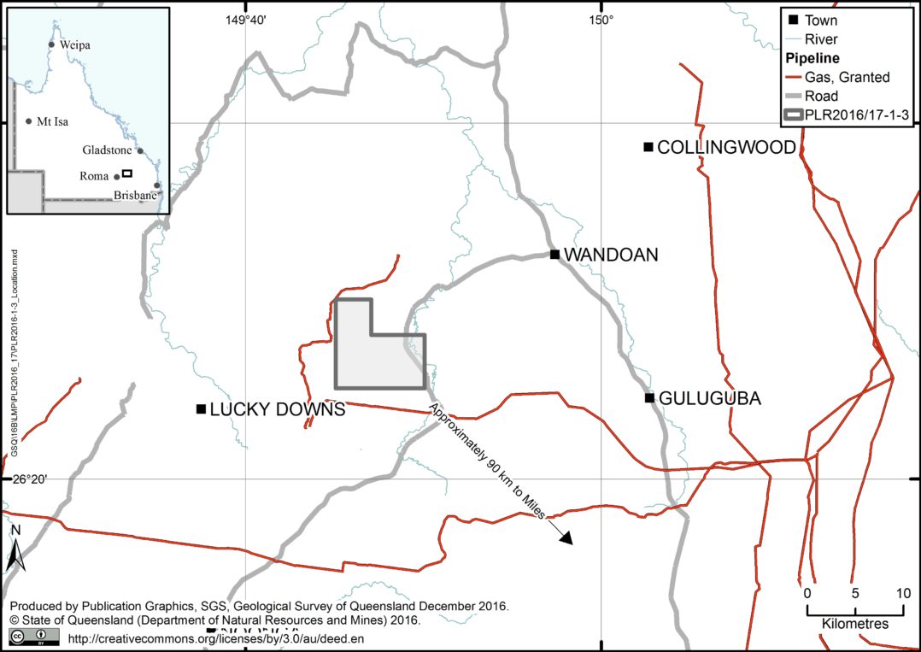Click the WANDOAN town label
coord(611,255)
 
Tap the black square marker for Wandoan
coord(554,254)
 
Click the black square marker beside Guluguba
coord(649,397)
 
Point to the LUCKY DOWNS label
coord(277,410)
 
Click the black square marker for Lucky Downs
coord(200,409)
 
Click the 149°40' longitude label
coord(245,21)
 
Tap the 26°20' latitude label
coord(29,479)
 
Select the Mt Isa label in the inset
coord(52,121)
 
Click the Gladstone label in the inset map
coord(108,150)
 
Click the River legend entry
coord(821,39)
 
